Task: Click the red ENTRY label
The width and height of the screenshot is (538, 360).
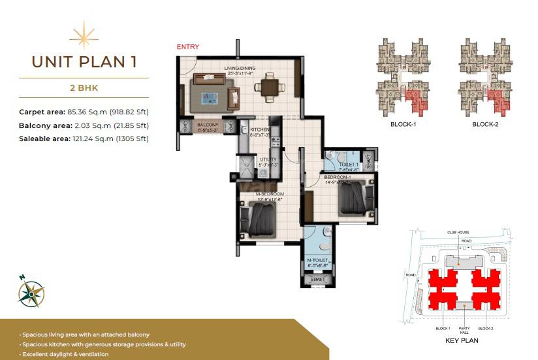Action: pyautogui.click(x=188, y=47)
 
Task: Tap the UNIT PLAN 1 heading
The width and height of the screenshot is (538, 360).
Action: pyautogui.click(x=84, y=62)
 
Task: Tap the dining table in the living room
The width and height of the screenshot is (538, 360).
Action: pyautogui.click(x=269, y=86)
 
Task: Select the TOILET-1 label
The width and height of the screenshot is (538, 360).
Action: pyautogui.click(x=344, y=166)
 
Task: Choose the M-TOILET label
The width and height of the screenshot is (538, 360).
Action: pyautogui.click(x=318, y=261)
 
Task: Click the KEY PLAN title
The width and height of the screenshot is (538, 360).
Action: pyautogui.click(x=463, y=341)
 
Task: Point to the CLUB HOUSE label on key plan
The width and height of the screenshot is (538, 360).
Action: pyautogui.click(x=459, y=232)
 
